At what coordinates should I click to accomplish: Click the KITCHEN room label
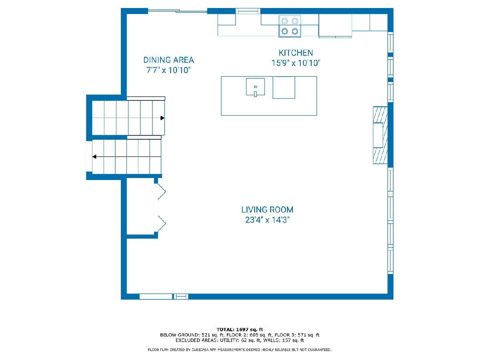[x=296, y=53]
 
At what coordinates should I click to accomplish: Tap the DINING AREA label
[x=169, y=60]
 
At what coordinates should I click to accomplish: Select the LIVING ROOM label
[x=267, y=210]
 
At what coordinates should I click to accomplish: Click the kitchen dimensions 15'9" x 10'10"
[x=296, y=63]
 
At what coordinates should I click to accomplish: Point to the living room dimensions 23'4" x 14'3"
[x=267, y=220]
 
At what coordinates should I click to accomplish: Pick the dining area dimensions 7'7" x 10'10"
[x=169, y=70]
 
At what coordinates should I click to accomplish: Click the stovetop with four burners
[x=290, y=26]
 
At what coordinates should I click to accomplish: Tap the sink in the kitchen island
[x=255, y=87]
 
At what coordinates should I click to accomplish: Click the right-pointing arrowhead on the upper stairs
[x=162, y=118]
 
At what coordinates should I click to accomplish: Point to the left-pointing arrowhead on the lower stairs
[x=94, y=157]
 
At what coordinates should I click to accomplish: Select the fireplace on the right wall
[x=380, y=135]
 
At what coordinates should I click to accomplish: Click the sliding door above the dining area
[x=177, y=10]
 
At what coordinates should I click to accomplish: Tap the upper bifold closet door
[x=161, y=192]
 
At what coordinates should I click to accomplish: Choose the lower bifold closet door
[x=161, y=223]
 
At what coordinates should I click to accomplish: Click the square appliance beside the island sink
[x=284, y=88]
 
